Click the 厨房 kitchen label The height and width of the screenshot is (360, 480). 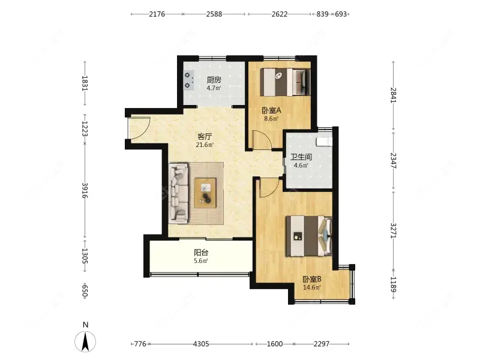pyautogui.click(x=214, y=80)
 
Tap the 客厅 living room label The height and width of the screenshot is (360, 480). pyautogui.click(x=205, y=137)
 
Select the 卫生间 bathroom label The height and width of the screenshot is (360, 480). pyautogui.click(x=301, y=157)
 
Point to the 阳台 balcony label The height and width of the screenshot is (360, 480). pyautogui.click(x=201, y=253)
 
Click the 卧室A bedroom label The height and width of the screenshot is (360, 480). pyautogui.click(x=271, y=110)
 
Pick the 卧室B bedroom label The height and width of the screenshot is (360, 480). pyautogui.click(x=312, y=279)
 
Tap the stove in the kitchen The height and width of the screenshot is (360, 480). pyautogui.click(x=188, y=80)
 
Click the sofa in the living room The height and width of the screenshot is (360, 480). pyautogui.click(x=178, y=193)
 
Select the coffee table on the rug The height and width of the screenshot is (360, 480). pyautogui.click(x=206, y=193)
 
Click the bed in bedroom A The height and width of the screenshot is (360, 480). pyautogui.click(x=285, y=82)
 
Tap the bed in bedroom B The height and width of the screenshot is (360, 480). pyautogui.click(x=309, y=236)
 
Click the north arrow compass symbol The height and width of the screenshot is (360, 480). pyautogui.click(x=85, y=341)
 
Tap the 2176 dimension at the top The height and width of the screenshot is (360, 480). pyautogui.click(x=157, y=14)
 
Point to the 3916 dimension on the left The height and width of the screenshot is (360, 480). pyautogui.click(x=85, y=190)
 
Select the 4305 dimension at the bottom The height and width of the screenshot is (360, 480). pyautogui.click(x=201, y=344)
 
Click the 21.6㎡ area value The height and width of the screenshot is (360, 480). pyautogui.click(x=205, y=145)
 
